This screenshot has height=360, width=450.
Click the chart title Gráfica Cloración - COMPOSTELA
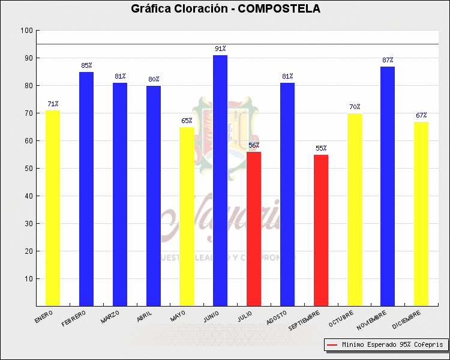(225, 9)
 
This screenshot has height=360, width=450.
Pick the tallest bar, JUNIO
(220, 181)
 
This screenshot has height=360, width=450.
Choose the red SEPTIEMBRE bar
(321, 230)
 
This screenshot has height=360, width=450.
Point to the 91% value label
(220, 49)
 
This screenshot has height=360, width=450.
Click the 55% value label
(321, 148)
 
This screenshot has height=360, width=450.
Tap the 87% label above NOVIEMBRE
(388, 60)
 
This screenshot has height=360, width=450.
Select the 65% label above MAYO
(187, 121)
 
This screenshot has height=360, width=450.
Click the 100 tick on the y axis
(26, 31)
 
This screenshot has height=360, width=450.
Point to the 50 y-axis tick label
(28, 169)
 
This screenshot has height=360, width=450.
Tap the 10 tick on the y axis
(28, 279)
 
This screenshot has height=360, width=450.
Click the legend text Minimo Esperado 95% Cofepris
(392, 345)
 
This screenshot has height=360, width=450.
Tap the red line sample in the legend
(332, 345)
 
